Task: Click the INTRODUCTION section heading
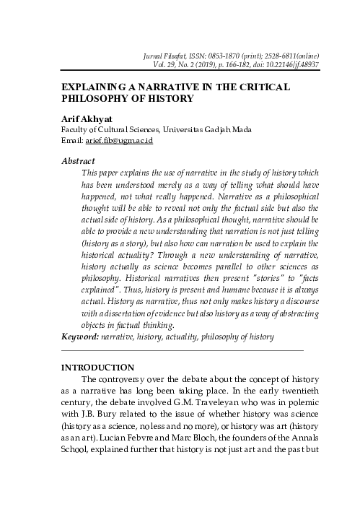[x=98, y=368]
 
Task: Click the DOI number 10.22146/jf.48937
[x=288, y=64]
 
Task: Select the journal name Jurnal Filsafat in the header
[x=184, y=55]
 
